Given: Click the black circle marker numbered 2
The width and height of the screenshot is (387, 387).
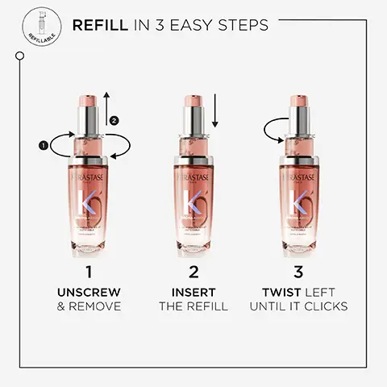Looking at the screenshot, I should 114,120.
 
